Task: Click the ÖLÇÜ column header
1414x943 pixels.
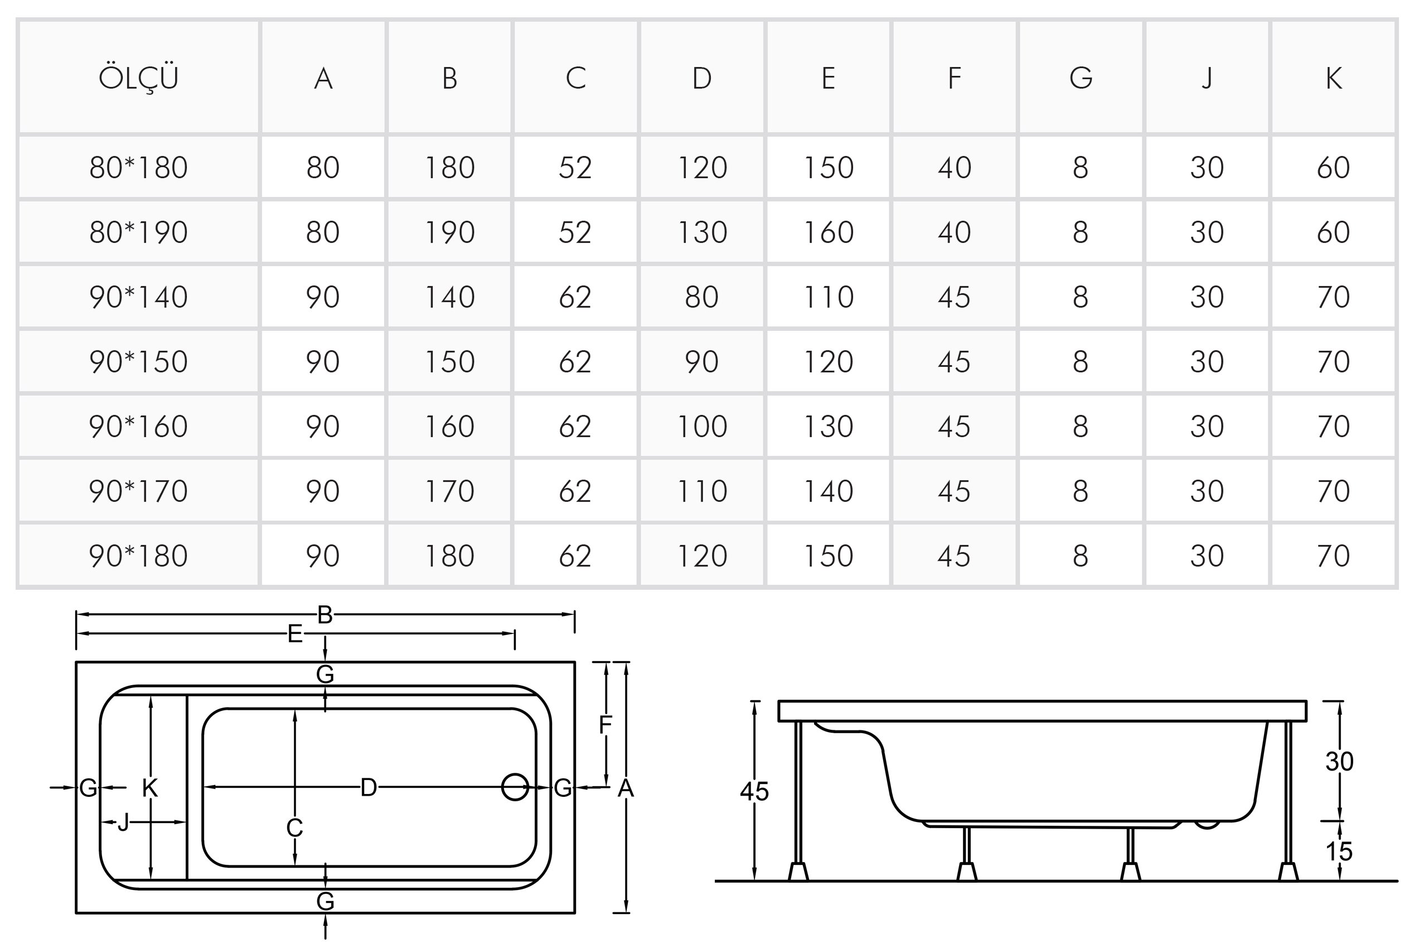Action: (138, 78)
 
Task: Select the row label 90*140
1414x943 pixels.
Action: (138, 296)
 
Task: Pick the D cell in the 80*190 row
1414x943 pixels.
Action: (702, 232)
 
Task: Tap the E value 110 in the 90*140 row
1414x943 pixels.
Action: (828, 296)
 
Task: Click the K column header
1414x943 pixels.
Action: (1334, 78)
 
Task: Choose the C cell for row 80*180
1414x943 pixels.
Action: (575, 167)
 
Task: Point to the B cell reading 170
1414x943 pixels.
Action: (449, 490)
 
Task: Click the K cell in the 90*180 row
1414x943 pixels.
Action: (1334, 556)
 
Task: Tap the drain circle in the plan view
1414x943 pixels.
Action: (515, 787)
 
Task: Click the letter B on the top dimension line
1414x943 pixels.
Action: (325, 615)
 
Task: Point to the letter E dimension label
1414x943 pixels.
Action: (294, 633)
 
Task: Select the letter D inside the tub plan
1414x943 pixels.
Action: (369, 787)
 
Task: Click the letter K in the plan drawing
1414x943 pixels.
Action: (149, 788)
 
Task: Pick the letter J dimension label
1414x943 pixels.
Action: (123, 822)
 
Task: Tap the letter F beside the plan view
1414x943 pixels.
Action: (605, 725)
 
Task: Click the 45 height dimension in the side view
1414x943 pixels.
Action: (754, 791)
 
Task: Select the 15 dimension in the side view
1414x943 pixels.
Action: (1339, 851)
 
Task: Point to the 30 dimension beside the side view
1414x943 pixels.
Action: (1339, 762)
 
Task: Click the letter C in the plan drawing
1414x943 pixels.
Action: (294, 828)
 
